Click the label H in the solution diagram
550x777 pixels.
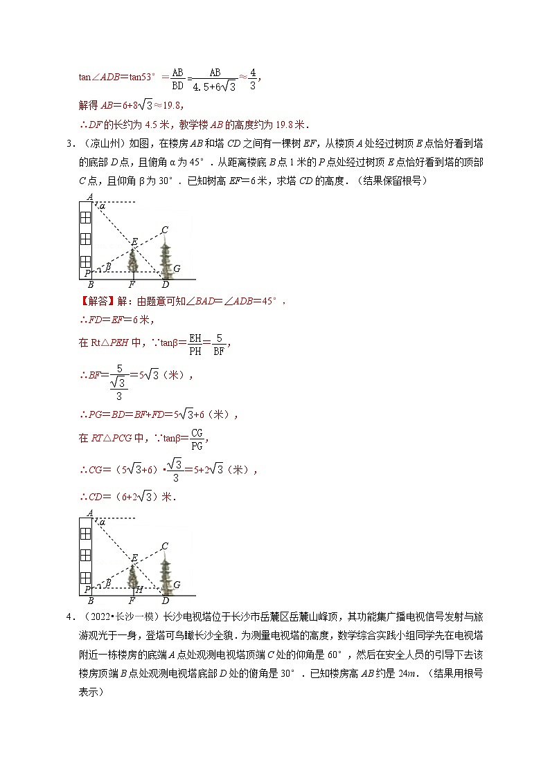(139, 589)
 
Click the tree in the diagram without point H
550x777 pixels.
(133, 261)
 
